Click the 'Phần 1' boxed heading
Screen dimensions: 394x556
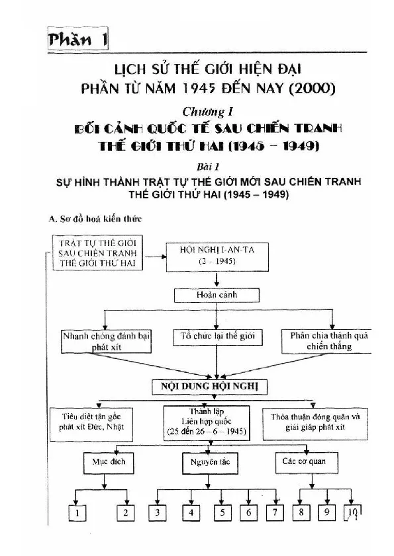77,38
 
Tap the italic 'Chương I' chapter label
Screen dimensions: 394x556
208,112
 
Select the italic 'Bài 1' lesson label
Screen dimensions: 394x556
208,167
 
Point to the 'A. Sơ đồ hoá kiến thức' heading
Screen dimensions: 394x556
95,219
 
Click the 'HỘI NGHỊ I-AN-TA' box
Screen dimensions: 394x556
217,257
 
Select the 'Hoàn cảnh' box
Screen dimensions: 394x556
217,295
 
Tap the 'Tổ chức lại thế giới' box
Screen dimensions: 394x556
217,337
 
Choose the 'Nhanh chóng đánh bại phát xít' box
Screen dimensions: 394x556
106,341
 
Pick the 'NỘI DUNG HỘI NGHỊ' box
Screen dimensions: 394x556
210,387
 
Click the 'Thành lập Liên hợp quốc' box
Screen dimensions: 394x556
207,422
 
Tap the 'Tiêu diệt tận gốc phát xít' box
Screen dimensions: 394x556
91,424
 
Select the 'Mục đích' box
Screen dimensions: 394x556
109,463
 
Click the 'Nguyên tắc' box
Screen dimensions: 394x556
211,463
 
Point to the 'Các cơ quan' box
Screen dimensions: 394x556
307,462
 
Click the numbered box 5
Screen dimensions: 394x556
222,512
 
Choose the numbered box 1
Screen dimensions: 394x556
77,513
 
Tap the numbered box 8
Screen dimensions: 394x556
301,512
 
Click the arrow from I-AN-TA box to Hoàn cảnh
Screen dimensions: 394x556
217,280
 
